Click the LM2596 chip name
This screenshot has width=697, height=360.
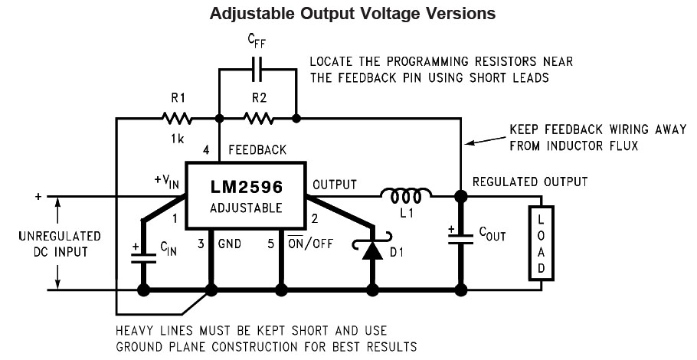coord(246,187)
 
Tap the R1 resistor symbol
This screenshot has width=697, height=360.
coord(175,119)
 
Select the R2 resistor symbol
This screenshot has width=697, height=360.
coord(258,119)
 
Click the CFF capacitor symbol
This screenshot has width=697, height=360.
coord(257,68)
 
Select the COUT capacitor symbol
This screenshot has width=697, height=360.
coord(460,234)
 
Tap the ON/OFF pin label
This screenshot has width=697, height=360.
coord(312,244)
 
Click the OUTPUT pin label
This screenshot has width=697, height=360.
coord(335,185)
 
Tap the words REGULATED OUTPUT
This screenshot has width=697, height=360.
coord(530,182)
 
